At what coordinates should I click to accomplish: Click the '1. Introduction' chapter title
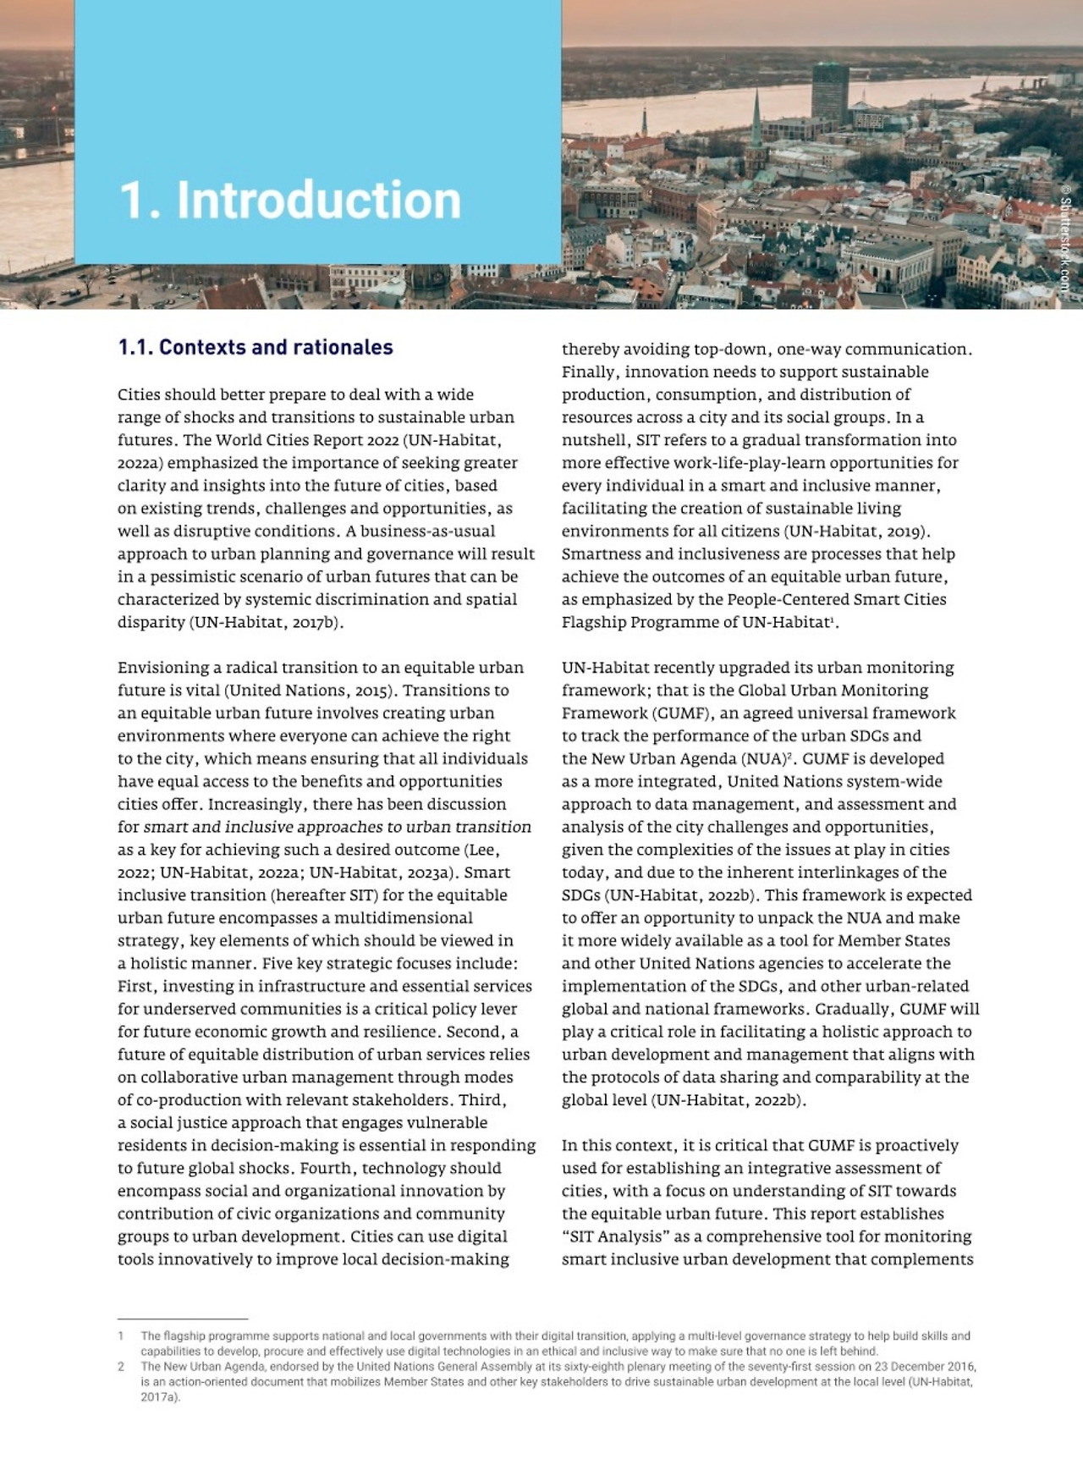pos(290,201)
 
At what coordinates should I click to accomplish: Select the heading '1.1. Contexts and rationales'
pos(256,347)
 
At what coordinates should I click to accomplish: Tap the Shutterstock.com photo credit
pos(1065,239)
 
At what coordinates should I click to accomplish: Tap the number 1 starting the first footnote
pos(121,1336)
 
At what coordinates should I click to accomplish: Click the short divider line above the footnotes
pos(182,1319)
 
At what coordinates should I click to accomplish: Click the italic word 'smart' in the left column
pos(166,827)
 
